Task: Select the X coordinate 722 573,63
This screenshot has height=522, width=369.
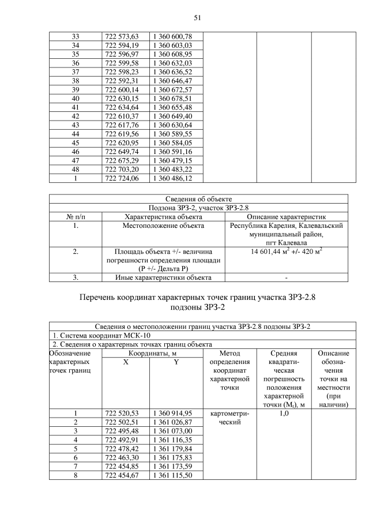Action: click(122, 36)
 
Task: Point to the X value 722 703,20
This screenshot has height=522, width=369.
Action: click(122, 170)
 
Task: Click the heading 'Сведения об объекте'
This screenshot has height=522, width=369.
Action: click(198, 199)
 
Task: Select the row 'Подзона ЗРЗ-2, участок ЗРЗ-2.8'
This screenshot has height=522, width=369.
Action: click(198, 208)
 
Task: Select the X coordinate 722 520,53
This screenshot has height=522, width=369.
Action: click(122, 413)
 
